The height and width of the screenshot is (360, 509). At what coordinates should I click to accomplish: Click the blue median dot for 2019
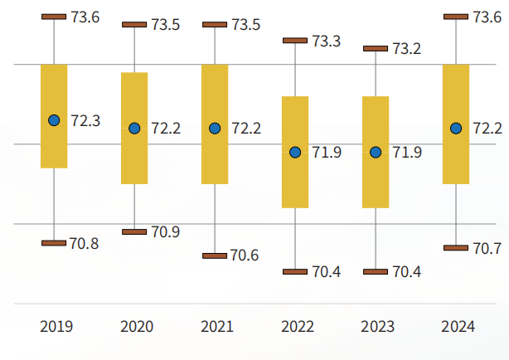pyautogui.click(x=54, y=120)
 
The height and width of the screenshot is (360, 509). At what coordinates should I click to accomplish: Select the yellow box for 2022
pyautogui.click(x=295, y=152)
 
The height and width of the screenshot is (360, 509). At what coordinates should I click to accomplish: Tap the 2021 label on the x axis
pyautogui.click(x=216, y=326)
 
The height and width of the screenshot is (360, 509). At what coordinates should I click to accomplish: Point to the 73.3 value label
pyautogui.click(x=327, y=41)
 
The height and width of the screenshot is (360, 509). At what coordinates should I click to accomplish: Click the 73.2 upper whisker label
pyautogui.click(x=406, y=49)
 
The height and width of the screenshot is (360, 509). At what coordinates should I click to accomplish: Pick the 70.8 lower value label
pyautogui.click(x=84, y=243)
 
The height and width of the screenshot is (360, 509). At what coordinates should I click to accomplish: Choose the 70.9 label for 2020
pyautogui.click(x=165, y=231)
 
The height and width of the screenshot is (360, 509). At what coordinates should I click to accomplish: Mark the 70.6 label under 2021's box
pyautogui.click(x=245, y=255)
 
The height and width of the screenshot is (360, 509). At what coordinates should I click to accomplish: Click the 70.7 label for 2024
pyautogui.click(x=486, y=248)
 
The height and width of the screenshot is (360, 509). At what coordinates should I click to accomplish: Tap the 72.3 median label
pyautogui.click(x=85, y=120)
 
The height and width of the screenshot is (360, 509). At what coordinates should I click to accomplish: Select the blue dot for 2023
pyautogui.click(x=376, y=152)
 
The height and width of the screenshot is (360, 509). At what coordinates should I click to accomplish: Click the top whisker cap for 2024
pyautogui.click(x=456, y=16)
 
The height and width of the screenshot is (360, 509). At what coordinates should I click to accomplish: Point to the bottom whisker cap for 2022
pyautogui.click(x=295, y=271)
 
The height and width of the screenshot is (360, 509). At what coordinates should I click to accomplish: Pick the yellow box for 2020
pyautogui.click(x=134, y=128)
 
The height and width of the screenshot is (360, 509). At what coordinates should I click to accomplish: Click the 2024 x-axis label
pyautogui.click(x=457, y=326)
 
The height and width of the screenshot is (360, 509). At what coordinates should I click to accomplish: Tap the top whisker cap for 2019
pyautogui.click(x=54, y=17)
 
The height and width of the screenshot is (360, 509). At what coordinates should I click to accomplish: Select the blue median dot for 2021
pyautogui.click(x=215, y=128)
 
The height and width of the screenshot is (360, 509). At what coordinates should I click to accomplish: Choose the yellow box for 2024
pyautogui.click(x=456, y=124)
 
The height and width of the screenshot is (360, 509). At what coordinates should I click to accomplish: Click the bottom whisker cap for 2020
pyautogui.click(x=134, y=231)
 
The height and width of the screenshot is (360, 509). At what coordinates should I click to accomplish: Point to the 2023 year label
pyautogui.click(x=377, y=326)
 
